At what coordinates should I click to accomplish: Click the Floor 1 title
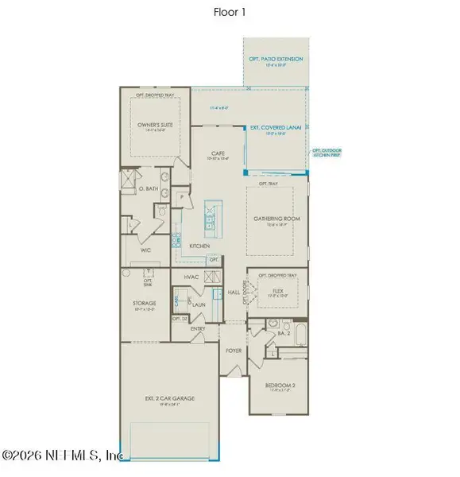pyautogui.click(x=229, y=12)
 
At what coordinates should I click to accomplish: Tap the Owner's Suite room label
pyautogui.click(x=155, y=124)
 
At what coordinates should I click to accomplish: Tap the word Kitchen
pyautogui.click(x=199, y=246)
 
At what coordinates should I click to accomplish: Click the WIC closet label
pyautogui.click(x=145, y=249)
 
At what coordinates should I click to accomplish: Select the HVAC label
pyautogui.click(x=190, y=277)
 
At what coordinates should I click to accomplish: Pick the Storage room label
pyautogui.click(x=144, y=302)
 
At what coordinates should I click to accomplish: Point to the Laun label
pyautogui.click(x=199, y=303)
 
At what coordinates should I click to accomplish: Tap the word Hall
pyautogui.click(x=234, y=293)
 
